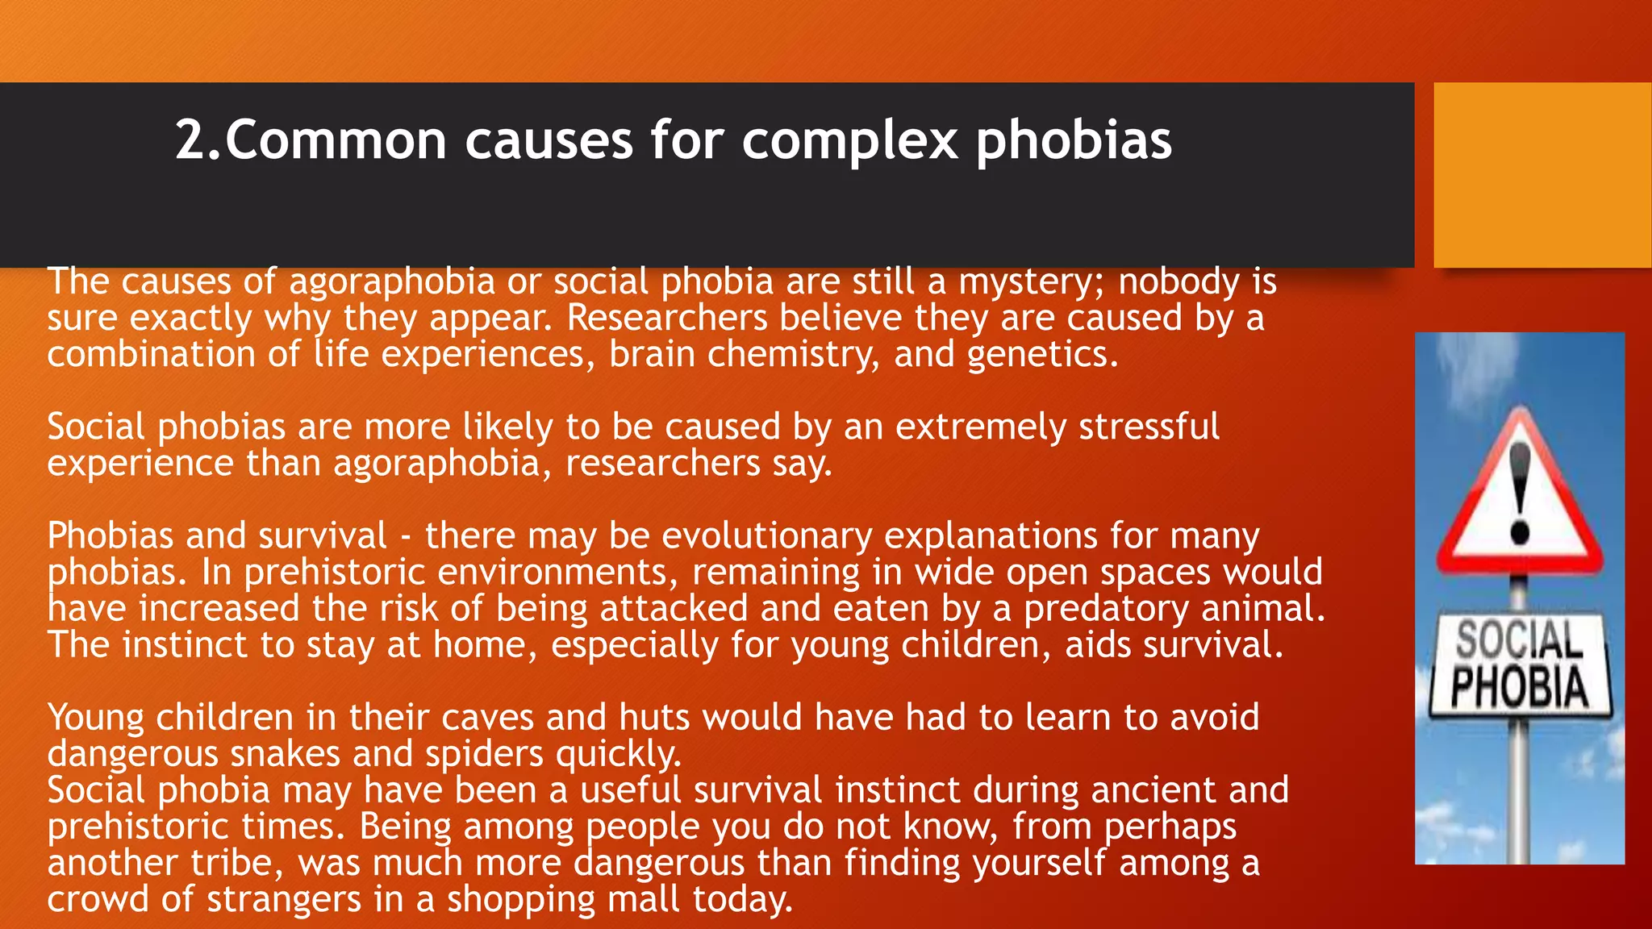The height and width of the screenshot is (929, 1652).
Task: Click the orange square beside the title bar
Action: click(1542, 175)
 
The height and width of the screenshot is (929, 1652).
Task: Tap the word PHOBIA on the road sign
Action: click(1520, 687)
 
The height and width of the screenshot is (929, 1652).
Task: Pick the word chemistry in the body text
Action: click(794, 355)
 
